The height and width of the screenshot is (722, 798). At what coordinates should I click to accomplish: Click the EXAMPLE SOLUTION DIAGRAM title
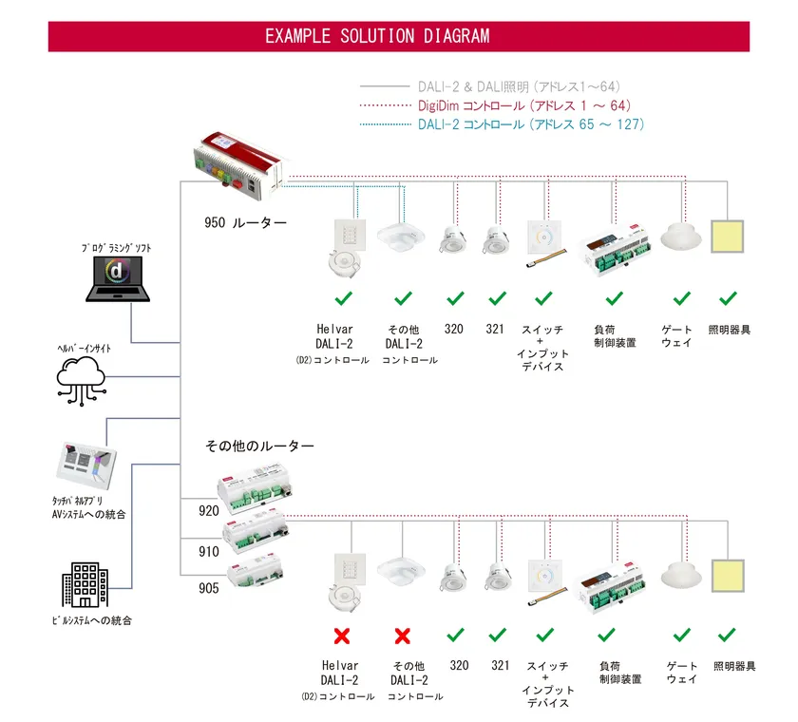(377, 37)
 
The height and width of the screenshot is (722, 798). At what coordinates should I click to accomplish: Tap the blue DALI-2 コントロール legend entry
(531, 124)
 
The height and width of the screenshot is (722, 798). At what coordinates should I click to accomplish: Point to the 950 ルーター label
(245, 223)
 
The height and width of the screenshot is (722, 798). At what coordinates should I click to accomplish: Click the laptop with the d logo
(117, 278)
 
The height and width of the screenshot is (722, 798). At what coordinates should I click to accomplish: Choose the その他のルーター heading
(259, 446)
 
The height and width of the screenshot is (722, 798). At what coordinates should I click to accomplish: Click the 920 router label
(209, 511)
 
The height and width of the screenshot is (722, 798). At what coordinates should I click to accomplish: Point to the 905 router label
(209, 588)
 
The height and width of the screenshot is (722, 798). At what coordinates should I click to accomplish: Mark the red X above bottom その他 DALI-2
(402, 635)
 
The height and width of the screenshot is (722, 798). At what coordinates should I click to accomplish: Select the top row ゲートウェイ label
(678, 335)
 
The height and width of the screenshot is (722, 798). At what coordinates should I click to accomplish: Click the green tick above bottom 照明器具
(729, 635)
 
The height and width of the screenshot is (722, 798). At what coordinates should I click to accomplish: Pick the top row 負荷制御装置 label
(615, 335)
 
